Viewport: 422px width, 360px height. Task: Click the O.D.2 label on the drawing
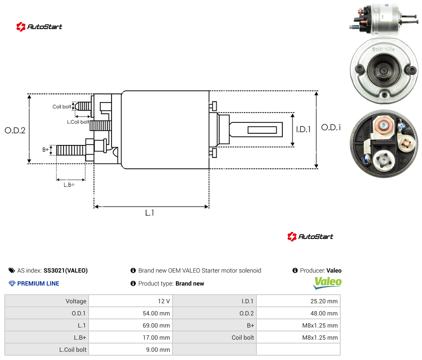coord(15,130)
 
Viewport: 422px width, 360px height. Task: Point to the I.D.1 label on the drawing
coord(304,129)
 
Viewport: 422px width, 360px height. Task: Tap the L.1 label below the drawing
coord(150,213)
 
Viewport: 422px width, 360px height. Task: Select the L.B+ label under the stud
coord(69,185)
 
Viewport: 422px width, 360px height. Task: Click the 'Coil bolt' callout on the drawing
coord(62,106)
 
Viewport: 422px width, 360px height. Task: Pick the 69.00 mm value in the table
coord(156,325)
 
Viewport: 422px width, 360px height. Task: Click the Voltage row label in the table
coord(76,301)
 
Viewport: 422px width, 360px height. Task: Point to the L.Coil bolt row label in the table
coord(73,350)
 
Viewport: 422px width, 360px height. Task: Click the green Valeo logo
coord(327,283)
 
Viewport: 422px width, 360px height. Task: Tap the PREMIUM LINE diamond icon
coord(12,283)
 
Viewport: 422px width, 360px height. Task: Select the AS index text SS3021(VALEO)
coord(66,270)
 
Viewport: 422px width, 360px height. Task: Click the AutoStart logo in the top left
coord(39,27)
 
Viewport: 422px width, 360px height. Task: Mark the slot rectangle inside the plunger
coord(262,130)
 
